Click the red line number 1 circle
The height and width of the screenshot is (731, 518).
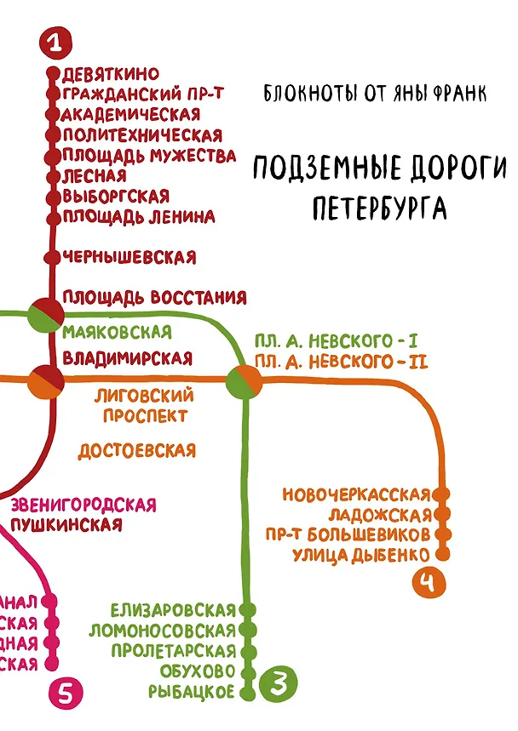coord(55,42)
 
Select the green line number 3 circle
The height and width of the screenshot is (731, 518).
coord(279,682)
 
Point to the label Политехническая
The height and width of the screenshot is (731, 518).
coord(142,135)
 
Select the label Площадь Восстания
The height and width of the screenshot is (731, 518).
coord(154,298)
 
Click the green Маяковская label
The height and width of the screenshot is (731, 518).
coord(117,331)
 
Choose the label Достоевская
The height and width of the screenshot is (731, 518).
coord(137,450)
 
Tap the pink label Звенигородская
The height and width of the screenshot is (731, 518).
coord(84,505)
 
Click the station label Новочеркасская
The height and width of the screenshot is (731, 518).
coord(354,494)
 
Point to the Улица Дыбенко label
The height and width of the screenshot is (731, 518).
coord(358,555)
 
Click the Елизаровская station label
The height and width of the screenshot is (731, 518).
coord(173,610)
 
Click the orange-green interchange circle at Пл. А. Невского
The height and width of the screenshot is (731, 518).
coord(245,380)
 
